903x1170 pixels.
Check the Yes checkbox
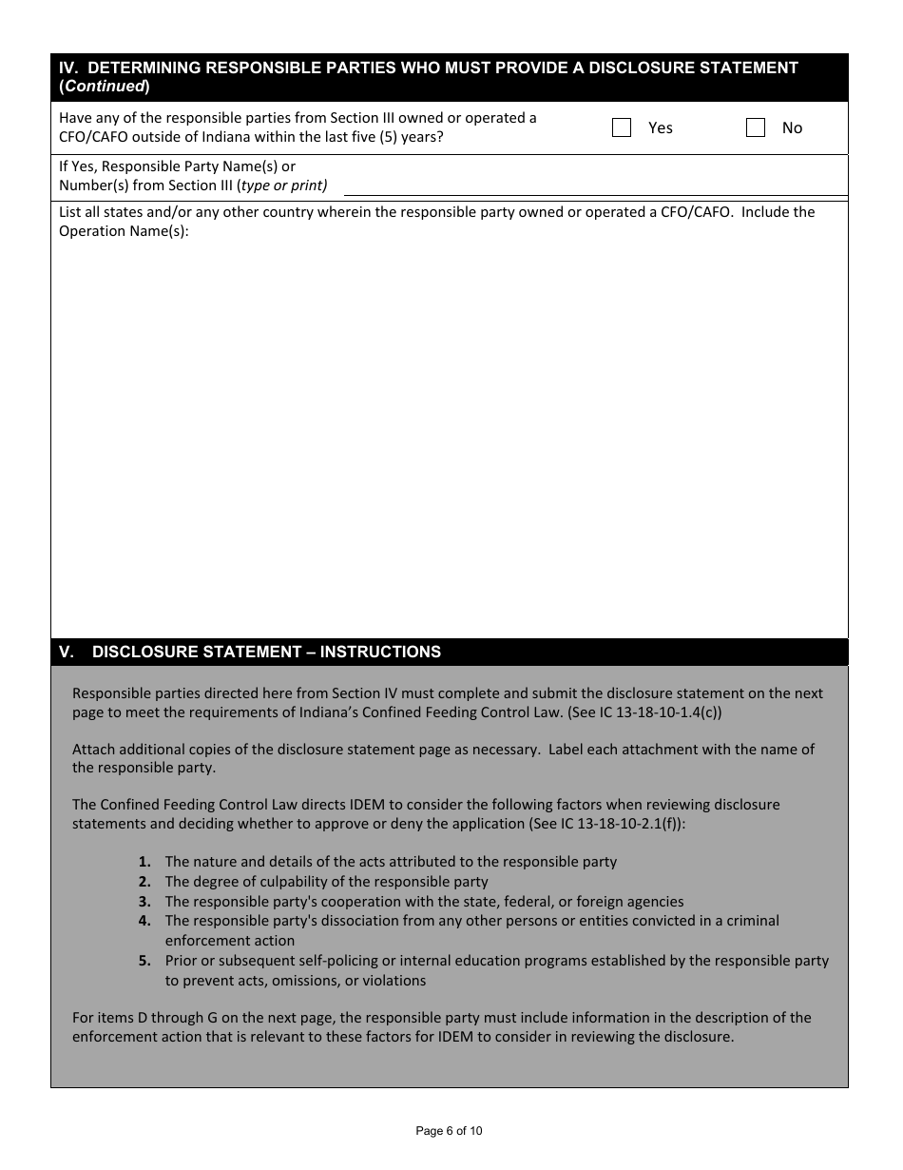622,127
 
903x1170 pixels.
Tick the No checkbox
756,127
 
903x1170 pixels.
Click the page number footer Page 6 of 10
450,1131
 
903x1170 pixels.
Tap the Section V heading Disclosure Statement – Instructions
266,652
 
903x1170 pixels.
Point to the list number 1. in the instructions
144,862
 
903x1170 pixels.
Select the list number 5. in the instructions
144,961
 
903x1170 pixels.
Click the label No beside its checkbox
792,127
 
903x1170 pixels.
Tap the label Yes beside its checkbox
661,127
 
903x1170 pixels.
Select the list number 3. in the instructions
144,902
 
